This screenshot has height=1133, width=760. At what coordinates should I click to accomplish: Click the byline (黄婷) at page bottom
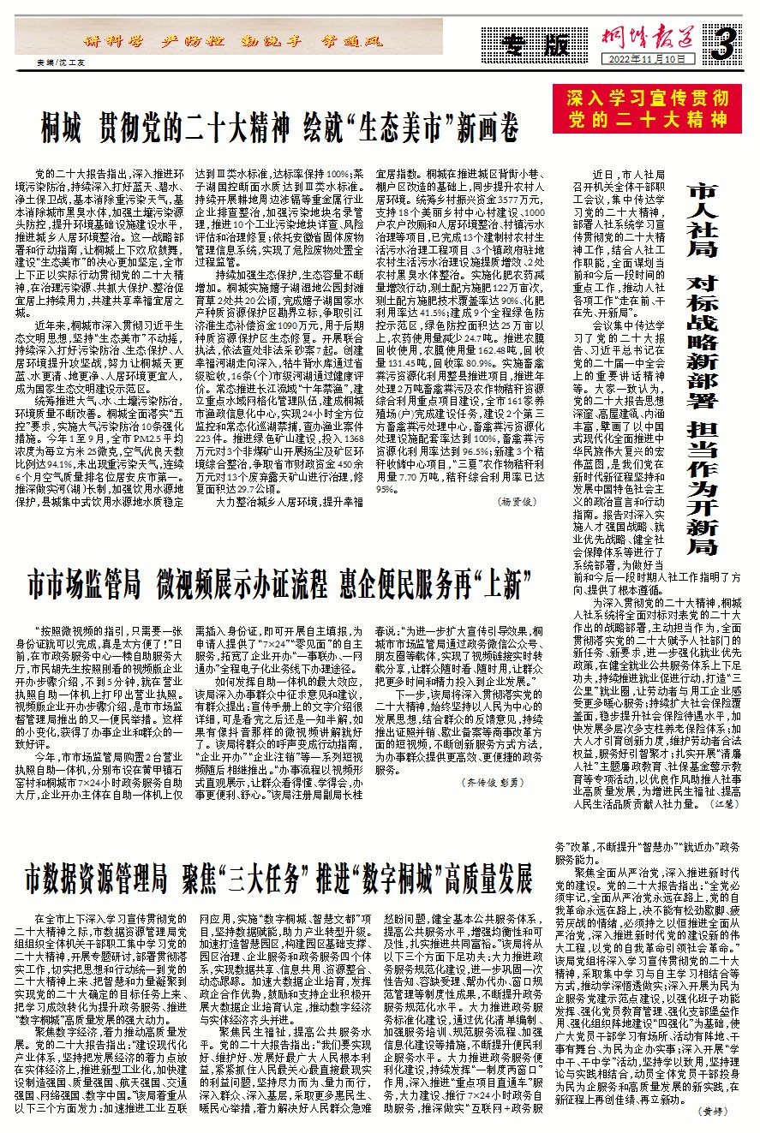tap(714, 1111)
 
